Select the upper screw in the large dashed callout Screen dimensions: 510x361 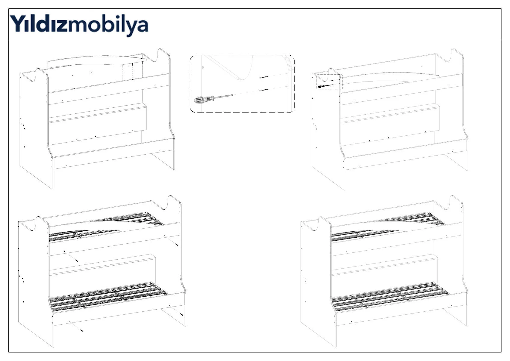click(x=264, y=78)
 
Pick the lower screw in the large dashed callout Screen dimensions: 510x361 click(x=264, y=90)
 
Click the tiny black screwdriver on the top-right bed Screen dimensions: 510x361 click(x=323, y=86)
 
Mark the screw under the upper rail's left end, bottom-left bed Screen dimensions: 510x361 click(x=77, y=261)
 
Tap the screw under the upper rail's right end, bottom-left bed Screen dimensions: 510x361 click(x=177, y=245)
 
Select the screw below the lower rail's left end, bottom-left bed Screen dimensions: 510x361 click(x=82, y=331)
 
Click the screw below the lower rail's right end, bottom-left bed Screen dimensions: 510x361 click(x=182, y=315)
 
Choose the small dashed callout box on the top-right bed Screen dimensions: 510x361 click(x=330, y=82)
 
